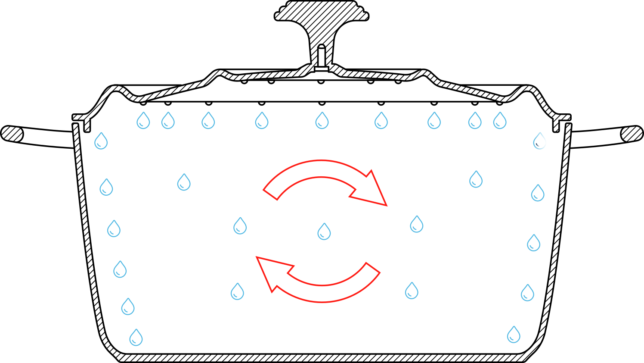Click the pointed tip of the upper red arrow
(386, 205)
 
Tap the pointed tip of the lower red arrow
(257, 258)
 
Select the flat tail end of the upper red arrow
(270, 194)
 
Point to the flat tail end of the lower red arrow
(373, 268)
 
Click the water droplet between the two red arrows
(324, 232)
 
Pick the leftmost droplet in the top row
(143, 121)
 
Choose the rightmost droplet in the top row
(500, 121)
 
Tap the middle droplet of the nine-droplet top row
(322, 121)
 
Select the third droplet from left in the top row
(208, 121)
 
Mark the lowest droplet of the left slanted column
(136, 338)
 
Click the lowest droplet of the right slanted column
(514, 335)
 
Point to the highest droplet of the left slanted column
(101, 141)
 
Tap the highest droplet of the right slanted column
(539, 141)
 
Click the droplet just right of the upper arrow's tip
(417, 225)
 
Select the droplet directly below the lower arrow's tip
(237, 292)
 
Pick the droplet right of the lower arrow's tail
(412, 291)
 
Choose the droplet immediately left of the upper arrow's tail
(240, 226)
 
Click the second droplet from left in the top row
(168, 121)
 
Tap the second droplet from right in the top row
(475, 121)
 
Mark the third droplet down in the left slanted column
(114, 229)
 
